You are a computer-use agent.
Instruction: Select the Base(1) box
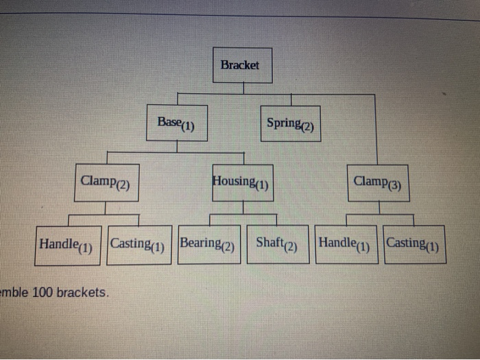click(x=177, y=123)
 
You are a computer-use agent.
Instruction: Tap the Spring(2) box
click(x=290, y=123)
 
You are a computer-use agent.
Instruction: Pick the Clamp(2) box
click(x=106, y=182)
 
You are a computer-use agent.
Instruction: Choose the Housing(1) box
click(x=242, y=182)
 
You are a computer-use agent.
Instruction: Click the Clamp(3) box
click(x=378, y=182)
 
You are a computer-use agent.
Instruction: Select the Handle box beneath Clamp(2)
click(x=67, y=245)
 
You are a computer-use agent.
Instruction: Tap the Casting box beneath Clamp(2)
click(x=140, y=245)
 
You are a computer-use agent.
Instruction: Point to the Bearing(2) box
click(x=209, y=244)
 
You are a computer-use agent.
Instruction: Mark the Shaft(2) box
click(x=277, y=244)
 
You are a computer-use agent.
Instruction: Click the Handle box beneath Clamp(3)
click(x=346, y=243)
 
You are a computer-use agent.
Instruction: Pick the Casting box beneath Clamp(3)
click(x=414, y=243)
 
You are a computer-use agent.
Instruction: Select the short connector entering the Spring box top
click(x=291, y=99)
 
